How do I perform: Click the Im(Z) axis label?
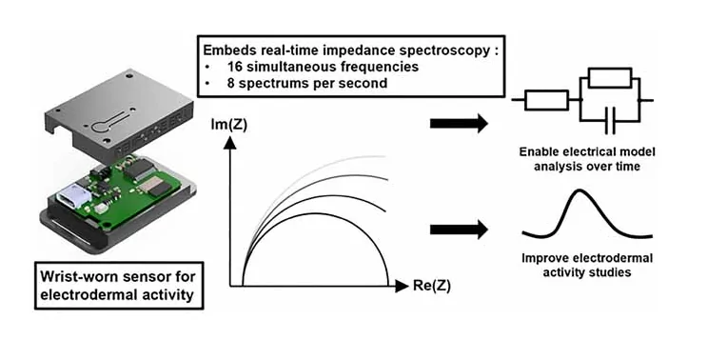(228, 125)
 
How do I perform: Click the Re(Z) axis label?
(431, 287)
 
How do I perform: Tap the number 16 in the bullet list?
(235, 67)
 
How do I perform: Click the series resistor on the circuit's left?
(546, 100)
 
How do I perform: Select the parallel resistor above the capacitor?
(610, 78)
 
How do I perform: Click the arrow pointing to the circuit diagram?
(459, 124)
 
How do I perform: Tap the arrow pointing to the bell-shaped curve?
(459, 230)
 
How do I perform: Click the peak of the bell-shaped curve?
(579, 190)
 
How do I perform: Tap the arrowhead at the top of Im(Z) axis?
(229, 144)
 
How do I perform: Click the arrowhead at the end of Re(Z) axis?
(402, 287)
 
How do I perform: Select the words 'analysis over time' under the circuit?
(586, 166)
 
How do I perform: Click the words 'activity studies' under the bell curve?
(586, 271)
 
